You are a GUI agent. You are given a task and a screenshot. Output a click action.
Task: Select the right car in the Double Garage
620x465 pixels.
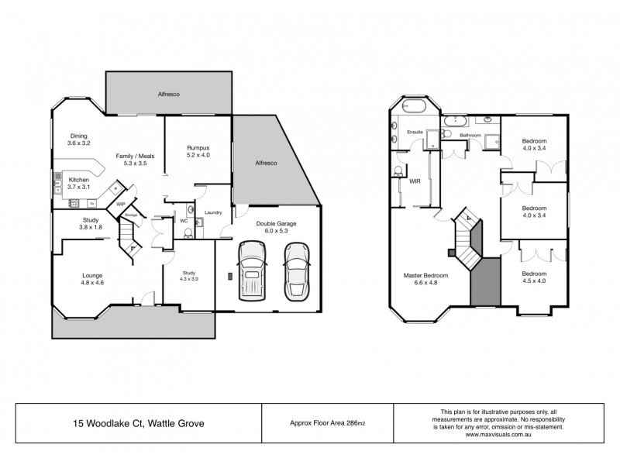pyautogui.click(x=295, y=272)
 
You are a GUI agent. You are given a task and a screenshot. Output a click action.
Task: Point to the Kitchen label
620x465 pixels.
pyautogui.click(x=79, y=179)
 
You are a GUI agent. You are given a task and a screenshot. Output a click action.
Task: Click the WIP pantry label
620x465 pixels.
pyautogui.click(x=120, y=205)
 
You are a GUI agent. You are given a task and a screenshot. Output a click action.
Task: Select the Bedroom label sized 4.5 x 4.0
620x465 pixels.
pyautogui.click(x=534, y=274)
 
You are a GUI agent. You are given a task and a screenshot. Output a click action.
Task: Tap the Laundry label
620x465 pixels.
pyautogui.click(x=213, y=213)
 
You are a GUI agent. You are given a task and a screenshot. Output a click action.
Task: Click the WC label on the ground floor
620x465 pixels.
pyautogui.click(x=184, y=220)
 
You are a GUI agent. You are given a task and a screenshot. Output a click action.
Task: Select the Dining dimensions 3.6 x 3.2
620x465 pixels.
pyautogui.click(x=79, y=143)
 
